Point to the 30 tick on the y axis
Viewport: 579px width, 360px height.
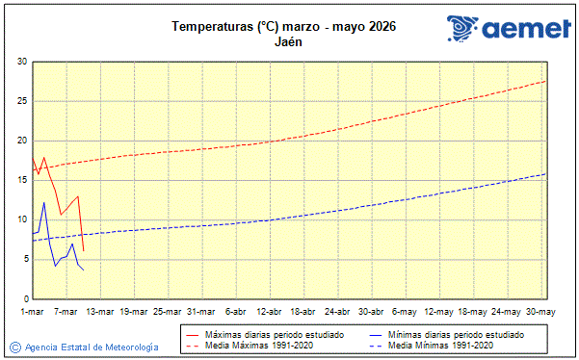21,62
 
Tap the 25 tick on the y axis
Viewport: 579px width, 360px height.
21,101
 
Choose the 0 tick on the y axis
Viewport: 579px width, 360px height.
24,297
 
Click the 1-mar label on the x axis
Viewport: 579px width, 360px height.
33,312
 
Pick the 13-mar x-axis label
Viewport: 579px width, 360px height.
100,312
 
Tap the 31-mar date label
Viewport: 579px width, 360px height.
200,312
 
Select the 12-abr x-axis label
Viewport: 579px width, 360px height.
268,312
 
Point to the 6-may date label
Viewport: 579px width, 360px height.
403,312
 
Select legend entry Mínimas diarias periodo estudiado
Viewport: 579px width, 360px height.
457,334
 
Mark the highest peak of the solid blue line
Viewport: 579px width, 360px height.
44,202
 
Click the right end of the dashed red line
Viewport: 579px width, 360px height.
546,81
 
